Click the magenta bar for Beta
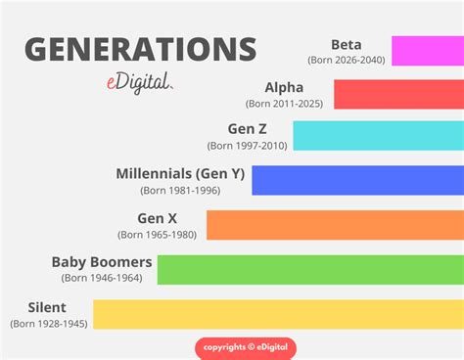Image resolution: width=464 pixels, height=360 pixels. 427,50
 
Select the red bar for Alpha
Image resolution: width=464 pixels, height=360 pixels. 398,94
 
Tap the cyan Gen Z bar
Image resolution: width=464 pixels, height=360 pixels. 378,135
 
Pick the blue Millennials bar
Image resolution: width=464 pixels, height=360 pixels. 357,180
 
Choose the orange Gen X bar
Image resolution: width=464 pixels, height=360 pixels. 335,224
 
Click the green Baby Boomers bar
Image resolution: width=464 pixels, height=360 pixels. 310,269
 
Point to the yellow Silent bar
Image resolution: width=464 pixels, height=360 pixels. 278,314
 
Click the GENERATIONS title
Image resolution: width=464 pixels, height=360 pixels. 140,50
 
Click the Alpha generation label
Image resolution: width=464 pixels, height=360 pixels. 284,87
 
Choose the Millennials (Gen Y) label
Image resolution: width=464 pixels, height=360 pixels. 179,173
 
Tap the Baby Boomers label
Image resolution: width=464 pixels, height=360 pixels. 102,262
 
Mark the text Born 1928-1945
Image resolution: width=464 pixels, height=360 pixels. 49,323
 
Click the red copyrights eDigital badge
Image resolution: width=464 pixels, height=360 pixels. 245,347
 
